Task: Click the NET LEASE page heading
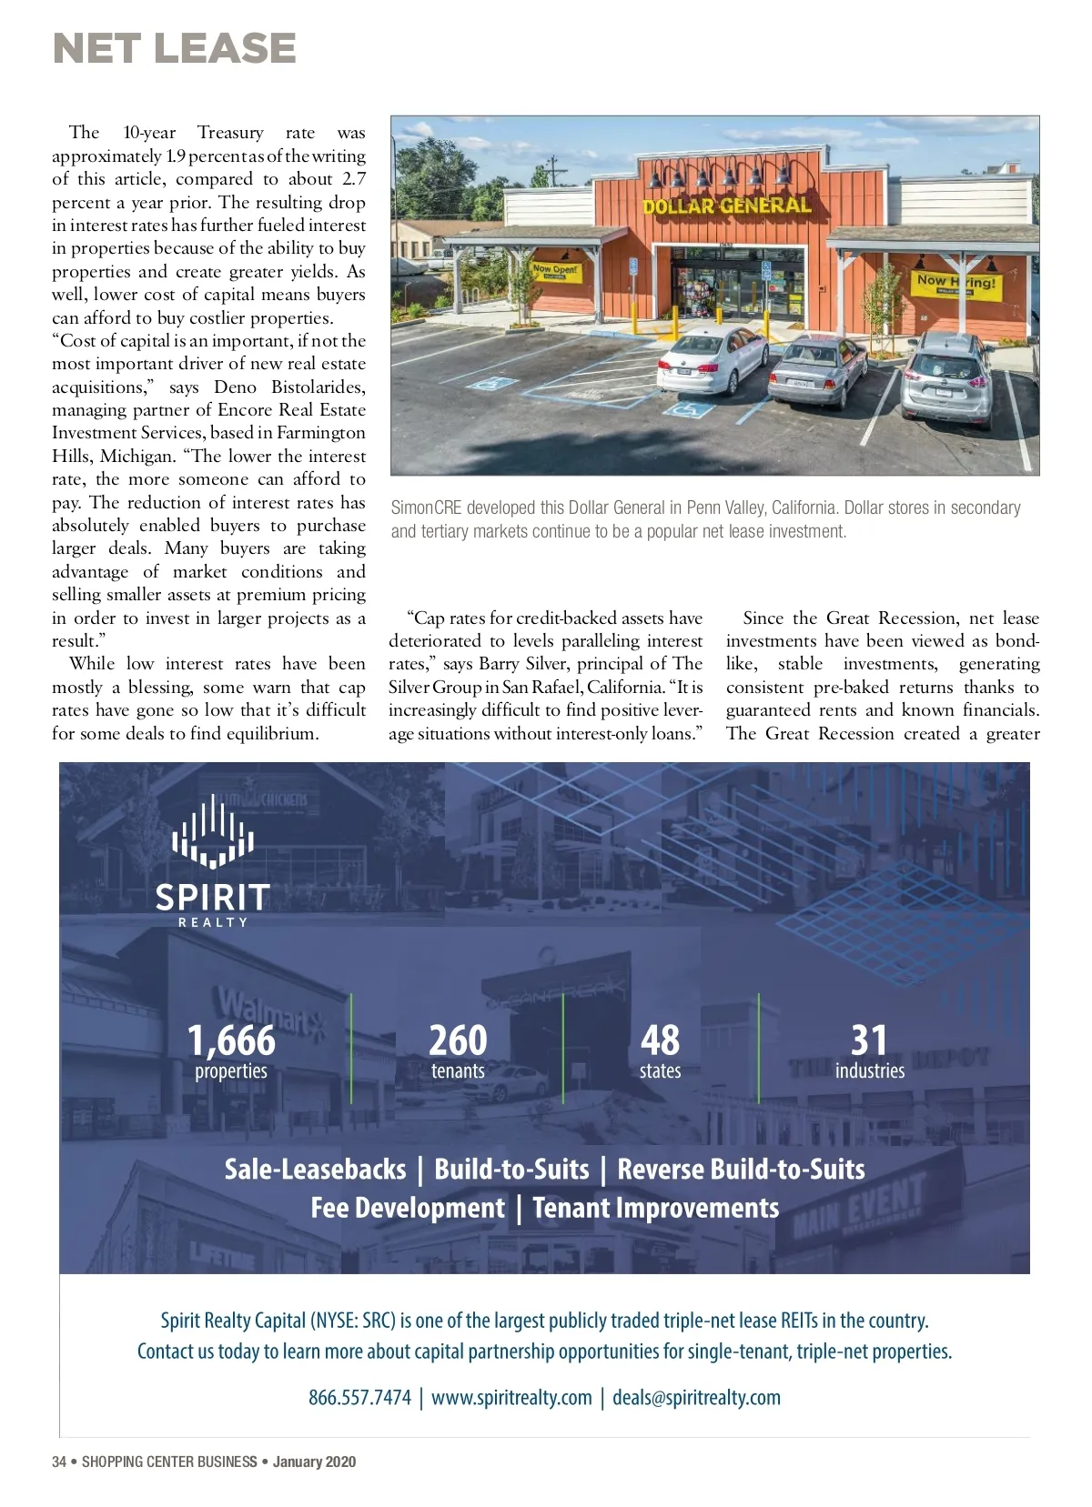tap(175, 49)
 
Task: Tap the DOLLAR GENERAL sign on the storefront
tap(726, 206)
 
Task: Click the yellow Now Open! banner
tap(555, 270)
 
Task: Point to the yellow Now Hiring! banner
tap(955, 284)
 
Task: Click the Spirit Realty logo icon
tap(213, 831)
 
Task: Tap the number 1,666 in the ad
tap(231, 1040)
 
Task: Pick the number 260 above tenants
tap(458, 1040)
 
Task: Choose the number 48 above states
tap(660, 1040)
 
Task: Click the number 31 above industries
tap(869, 1040)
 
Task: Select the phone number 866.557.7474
tap(359, 1397)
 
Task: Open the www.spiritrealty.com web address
tap(511, 1397)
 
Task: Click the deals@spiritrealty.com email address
tap(696, 1397)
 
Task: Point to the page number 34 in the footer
tap(59, 1462)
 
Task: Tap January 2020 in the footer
tap(314, 1462)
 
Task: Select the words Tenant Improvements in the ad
tap(655, 1208)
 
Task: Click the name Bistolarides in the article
tap(318, 387)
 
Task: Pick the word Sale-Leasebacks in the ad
tap(315, 1169)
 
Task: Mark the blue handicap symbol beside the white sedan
tap(687, 408)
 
